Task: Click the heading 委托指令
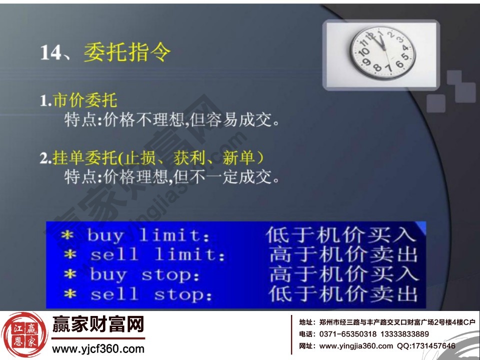[127, 52]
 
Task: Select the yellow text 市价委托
[85, 100]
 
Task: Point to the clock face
[382, 52]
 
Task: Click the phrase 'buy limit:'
[148, 235]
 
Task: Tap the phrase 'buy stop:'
[144, 274]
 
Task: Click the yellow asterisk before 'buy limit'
[68, 235]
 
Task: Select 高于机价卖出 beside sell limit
[343, 254]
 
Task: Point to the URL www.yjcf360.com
[98, 349]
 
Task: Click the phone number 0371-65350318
[345, 334]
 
